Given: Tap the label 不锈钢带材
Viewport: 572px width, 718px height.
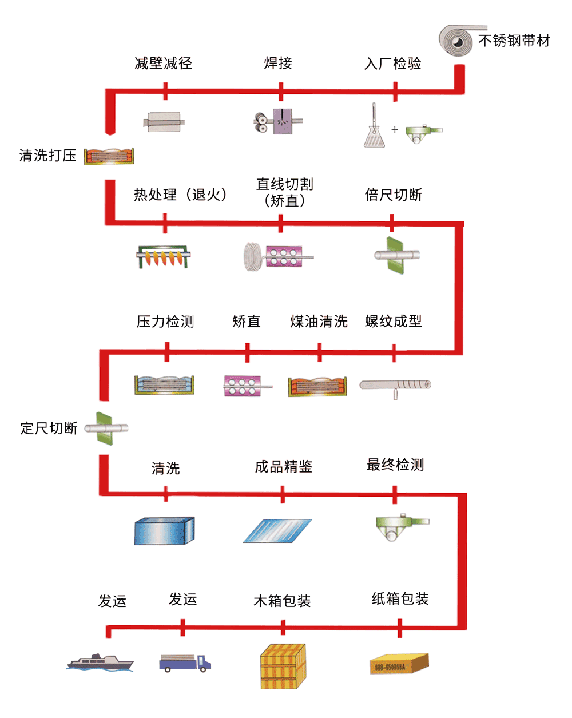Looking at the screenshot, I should tap(514, 41).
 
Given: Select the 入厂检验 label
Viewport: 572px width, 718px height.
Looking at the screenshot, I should tap(393, 64).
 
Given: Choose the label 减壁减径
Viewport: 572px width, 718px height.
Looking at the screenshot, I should tap(163, 63).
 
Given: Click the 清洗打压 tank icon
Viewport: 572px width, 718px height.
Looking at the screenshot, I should tap(109, 156).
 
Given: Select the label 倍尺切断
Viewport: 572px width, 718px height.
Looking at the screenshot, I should tap(393, 195).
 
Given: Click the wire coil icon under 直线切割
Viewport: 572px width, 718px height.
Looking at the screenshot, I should tap(253, 256).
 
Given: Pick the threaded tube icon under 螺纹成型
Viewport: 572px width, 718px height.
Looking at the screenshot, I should tap(395, 386).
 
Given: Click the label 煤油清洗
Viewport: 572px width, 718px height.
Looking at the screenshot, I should tap(319, 322).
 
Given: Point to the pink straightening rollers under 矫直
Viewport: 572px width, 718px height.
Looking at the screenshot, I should tap(243, 386).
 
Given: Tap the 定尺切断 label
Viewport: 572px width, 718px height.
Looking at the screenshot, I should tap(49, 428).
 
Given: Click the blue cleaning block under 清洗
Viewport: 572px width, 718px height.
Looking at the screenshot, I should tap(165, 530).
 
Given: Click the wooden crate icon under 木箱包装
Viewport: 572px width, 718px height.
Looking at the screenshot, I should tap(283, 667).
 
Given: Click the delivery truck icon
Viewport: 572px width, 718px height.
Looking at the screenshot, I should tap(185, 663).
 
